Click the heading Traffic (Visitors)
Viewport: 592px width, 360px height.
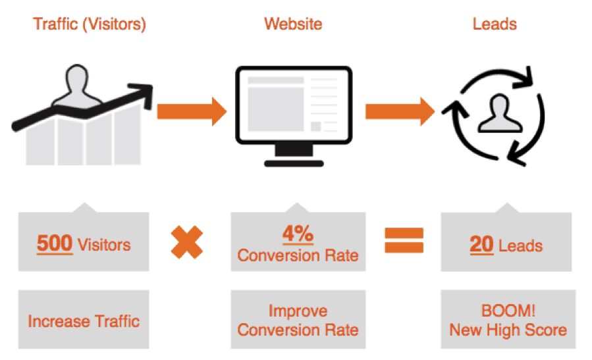pyautogui.click(x=90, y=24)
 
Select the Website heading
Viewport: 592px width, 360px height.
pyautogui.click(x=293, y=24)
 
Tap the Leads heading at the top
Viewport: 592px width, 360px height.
pyautogui.click(x=495, y=24)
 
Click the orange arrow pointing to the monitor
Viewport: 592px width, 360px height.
pyautogui.click(x=192, y=112)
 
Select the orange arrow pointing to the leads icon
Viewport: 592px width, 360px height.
pyautogui.click(x=400, y=112)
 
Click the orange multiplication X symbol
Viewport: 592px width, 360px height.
pyautogui.click(x=187, y=242)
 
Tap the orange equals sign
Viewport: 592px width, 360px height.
pyautogui.click(x=404, y=240)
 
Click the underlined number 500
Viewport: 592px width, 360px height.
pyautogui.click(x=55, y=244)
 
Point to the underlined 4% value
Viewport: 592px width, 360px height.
pyautogui.click(x=298, y=234)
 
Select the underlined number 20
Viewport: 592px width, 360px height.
pyautogui.click(x=481, y=245)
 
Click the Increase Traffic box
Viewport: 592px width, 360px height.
pyautogui.click(x=84, y=319)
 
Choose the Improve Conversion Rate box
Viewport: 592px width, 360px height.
pyautogui.click(x=298, y=319)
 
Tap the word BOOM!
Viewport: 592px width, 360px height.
pyautogui.click(x=508, y=311)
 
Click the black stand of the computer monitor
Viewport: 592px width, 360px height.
pyautogui.click(x=294, y=155)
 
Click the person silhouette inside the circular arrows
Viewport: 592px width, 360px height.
pyautogui.click(x=500, y=113)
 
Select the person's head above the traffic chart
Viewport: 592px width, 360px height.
pyautogui.click(x=77, y=78)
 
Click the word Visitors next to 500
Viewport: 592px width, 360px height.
pyautogui.click(x=104, y=245)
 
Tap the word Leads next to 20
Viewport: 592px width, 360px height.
pyautogui.click(x=521, y=246)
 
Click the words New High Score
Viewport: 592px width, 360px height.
pyautogui.click(x=508, y=330)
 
